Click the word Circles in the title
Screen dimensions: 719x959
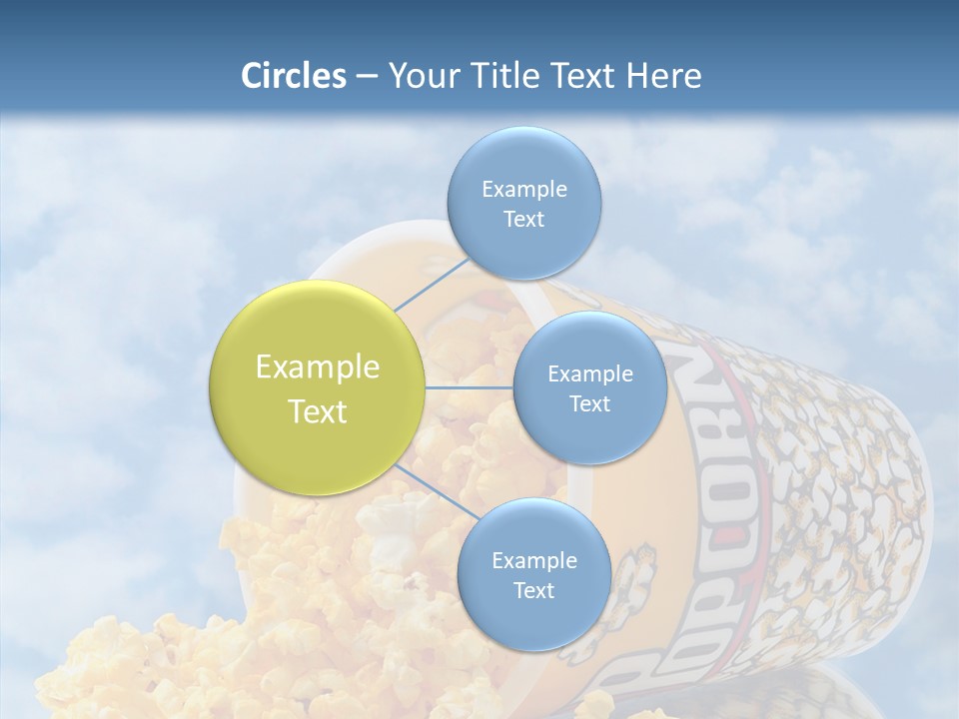[x=293, y=76]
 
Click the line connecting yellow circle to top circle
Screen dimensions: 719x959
[x=432, y=285]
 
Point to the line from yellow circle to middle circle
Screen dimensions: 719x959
[x=469, y=387]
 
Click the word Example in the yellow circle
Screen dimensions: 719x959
[x=318, y=367]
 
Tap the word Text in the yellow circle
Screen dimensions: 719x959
[x=318, y=411]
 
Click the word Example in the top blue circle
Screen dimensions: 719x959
[x=523, y=189]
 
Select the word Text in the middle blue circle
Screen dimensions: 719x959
[x=589, y=403]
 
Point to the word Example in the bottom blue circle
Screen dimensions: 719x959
[x=533, y=560]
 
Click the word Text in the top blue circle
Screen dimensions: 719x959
[x=523, y=219]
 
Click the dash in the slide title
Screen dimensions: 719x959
[x=366, y=77]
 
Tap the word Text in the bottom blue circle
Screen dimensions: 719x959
[x=533, y=590]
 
